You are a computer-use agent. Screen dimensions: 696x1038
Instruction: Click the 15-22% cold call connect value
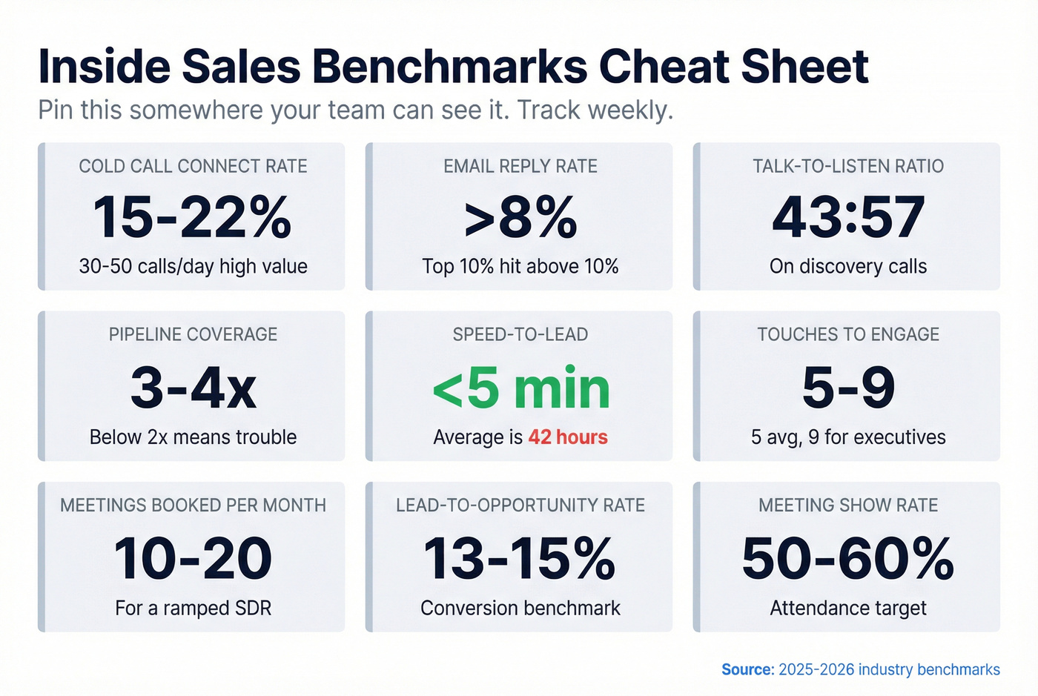193,218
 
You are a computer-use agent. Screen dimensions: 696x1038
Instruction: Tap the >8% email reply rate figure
520,218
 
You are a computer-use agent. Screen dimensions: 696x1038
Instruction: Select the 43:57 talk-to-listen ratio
848,218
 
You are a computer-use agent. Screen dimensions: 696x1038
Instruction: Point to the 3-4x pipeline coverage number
193,388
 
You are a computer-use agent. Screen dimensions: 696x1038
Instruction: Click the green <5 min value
520,388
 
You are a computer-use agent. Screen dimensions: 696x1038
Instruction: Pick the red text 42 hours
567,437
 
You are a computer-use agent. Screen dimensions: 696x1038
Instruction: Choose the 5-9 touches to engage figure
848,388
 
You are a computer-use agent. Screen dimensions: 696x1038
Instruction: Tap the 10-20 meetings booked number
193,559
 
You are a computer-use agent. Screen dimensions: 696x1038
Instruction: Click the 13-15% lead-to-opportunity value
520,559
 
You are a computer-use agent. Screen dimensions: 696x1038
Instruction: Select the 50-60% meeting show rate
848,559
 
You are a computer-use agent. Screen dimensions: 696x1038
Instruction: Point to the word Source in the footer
747,670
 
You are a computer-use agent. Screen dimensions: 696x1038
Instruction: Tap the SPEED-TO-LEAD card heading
520,334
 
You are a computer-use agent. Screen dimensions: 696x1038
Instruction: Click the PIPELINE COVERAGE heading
193,334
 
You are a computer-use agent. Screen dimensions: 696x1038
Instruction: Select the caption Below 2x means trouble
193,437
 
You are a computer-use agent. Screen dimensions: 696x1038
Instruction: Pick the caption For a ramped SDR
193,609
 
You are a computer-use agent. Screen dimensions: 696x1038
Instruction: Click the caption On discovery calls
848,267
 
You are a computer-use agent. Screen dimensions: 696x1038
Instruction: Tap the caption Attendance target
848,609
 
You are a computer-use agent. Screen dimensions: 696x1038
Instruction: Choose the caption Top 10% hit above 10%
520,267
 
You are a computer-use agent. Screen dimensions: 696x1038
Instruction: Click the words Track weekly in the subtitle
595,110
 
